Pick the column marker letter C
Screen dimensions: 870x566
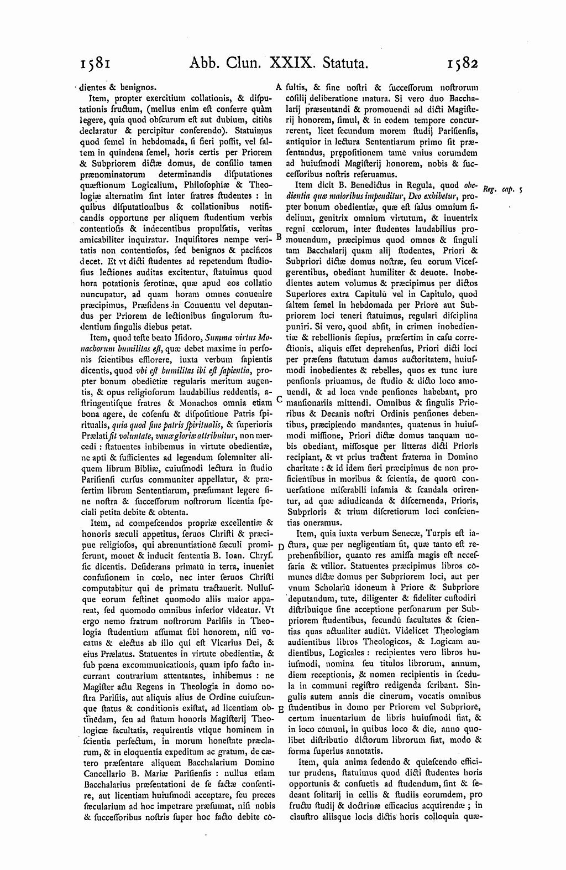(279, 398)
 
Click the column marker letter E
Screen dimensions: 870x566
(280, 710)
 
